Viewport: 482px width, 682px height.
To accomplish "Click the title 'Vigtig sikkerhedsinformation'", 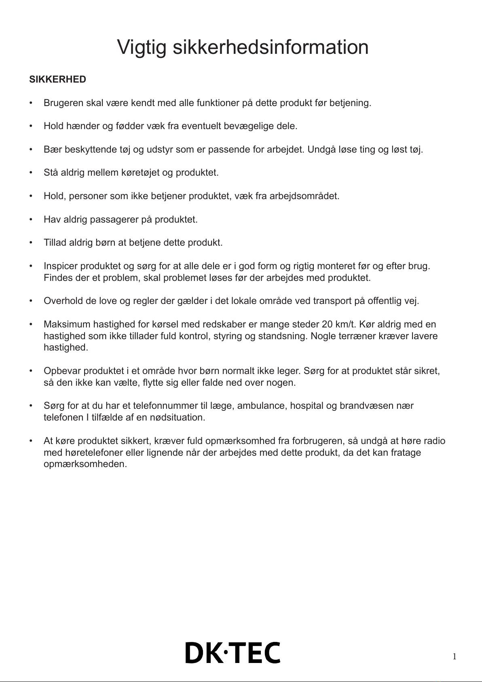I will [243, 47].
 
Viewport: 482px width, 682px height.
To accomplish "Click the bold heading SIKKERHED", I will [57, 79].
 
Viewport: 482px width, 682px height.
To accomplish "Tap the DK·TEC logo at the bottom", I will [233, 652].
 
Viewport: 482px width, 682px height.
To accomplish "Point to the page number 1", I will [454, 657].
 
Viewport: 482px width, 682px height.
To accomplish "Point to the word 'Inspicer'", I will [61, 266].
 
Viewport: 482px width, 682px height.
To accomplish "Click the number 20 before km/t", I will [327, 325].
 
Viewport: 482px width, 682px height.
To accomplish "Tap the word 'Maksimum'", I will [67, 325].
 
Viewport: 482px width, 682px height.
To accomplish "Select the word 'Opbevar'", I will [62, 371].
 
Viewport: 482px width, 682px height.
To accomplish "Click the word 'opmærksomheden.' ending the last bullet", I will [85, 464].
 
